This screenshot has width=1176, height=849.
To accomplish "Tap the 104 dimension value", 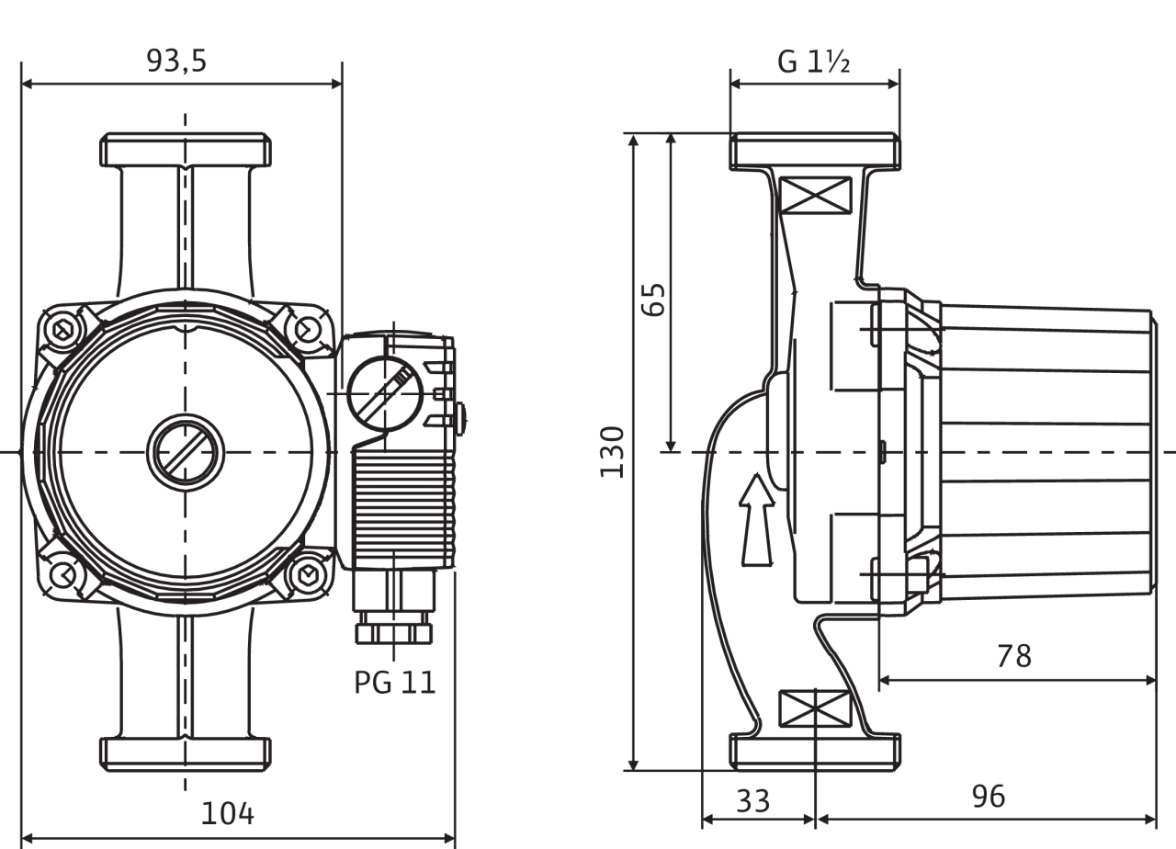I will pyautogui.click(x=227, y=812).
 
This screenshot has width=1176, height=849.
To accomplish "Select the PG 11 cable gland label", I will pyautogui.click(x=395, y=682).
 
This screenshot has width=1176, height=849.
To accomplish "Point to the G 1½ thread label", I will pyautogui.click(x=814, y=61).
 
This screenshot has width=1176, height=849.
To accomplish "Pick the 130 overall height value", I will pyautogui.click(x=612, y=451).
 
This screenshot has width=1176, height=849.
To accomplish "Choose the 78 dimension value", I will pyautogui.click(x=1014, y=656).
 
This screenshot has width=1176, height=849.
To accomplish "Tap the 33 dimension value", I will pyautogui.click(x=753, y=799).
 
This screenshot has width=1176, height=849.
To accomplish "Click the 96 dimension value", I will pyautogui.click(x=989, y=796).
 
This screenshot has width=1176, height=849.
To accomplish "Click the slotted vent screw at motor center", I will pyautogui.click(x=186, y=452).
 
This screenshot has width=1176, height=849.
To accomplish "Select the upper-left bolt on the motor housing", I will pyautogui.click(x=64, y=330).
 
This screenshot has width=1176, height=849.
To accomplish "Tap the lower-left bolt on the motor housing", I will pyautogui.click(x=64, y=574).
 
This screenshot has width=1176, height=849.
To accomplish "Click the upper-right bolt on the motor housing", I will pyautogui.click(x=306, y=330).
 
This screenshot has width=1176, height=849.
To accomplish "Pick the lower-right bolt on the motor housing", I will pyautogui.click(x=306, y=574).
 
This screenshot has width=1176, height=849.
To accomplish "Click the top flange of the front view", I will pyautogui.click(x=186, y=150).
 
